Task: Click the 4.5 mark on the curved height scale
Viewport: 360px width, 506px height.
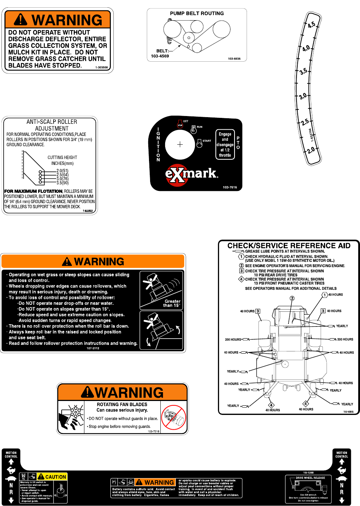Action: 311,25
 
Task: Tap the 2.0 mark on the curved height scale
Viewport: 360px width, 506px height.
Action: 311,151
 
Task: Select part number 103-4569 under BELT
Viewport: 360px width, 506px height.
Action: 160,56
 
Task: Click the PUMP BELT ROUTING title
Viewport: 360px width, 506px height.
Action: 197,14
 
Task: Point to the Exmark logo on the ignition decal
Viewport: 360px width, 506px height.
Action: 191,174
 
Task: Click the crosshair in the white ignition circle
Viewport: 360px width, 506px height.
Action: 180,145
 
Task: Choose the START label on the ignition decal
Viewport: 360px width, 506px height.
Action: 207,141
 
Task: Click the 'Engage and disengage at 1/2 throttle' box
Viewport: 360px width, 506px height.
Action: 225,145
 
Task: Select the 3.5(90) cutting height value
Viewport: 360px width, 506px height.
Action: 62,183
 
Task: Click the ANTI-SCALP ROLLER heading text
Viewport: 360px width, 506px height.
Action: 52,122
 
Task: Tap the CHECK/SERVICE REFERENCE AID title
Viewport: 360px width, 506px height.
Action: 289,246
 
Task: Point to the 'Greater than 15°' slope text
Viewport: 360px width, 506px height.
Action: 172,303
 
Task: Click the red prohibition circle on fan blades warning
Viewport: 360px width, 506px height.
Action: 174,418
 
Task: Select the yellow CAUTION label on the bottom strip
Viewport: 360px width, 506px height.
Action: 52,477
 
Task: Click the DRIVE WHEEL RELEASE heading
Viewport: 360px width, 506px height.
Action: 310,478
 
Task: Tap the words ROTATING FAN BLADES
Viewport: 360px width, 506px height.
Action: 122,404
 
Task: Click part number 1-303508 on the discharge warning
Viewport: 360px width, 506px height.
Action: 102,68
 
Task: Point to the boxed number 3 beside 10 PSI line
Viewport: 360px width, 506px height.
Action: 241,271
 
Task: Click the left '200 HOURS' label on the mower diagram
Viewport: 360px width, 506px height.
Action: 233,339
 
